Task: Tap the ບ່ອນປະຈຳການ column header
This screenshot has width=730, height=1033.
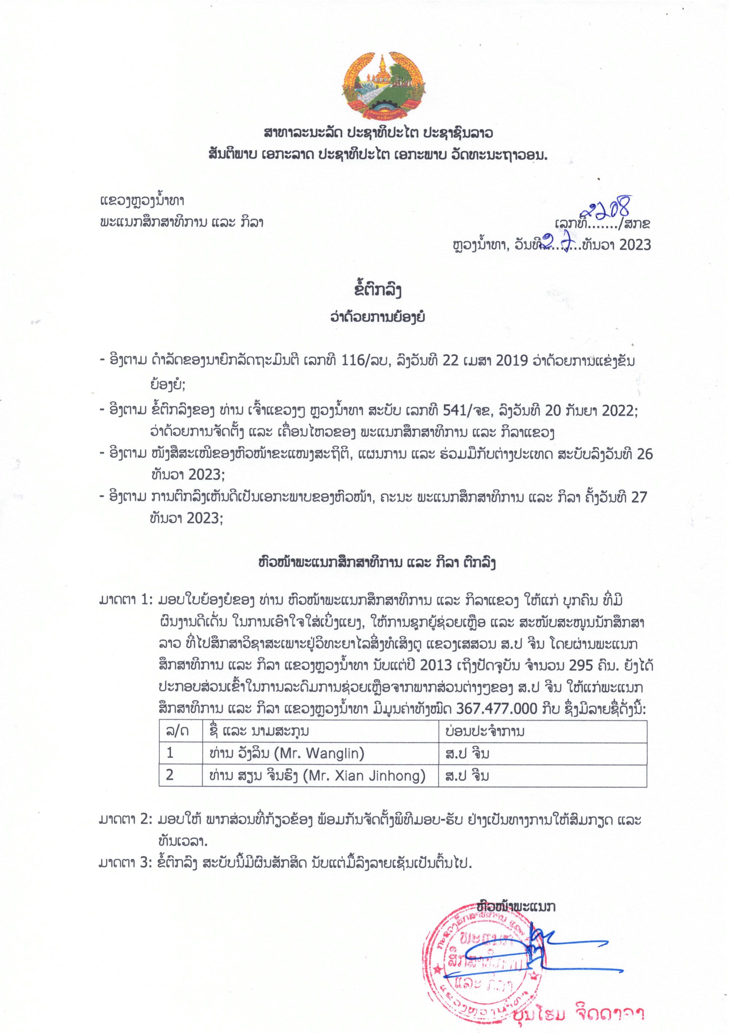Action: pyautogui.click(x=483, y=732)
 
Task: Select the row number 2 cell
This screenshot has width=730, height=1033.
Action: pyautogui.click(x=170, y=776)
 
